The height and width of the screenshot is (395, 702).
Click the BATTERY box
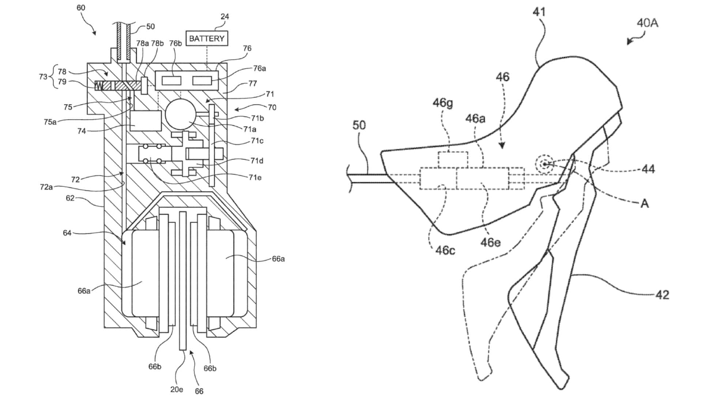pos(207,38)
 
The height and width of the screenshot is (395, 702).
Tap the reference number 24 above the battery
pos(224,16)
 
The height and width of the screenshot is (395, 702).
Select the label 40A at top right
pos(647,23)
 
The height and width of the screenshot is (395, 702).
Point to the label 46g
pos(442,103)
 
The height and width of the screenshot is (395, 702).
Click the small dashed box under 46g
pos(453,160)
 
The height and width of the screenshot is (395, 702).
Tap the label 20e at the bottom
pos(177,389)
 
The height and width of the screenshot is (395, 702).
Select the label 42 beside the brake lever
pos(662,295)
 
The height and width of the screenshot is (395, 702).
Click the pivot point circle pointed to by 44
pos(545,164)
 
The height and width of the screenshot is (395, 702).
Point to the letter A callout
pos(645,203)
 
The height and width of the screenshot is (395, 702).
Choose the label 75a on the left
pos(50,122)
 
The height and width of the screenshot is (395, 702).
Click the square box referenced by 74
pos(146,121)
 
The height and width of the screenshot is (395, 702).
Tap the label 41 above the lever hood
pos(539,12)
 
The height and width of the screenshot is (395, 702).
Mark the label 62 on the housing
pos(70,198)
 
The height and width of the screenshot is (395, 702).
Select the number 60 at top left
pos(81,8)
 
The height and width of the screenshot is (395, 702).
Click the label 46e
pos(490,242)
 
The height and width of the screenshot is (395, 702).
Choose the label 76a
pos(259,68)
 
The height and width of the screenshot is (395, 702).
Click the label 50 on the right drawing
pos(359,125)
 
